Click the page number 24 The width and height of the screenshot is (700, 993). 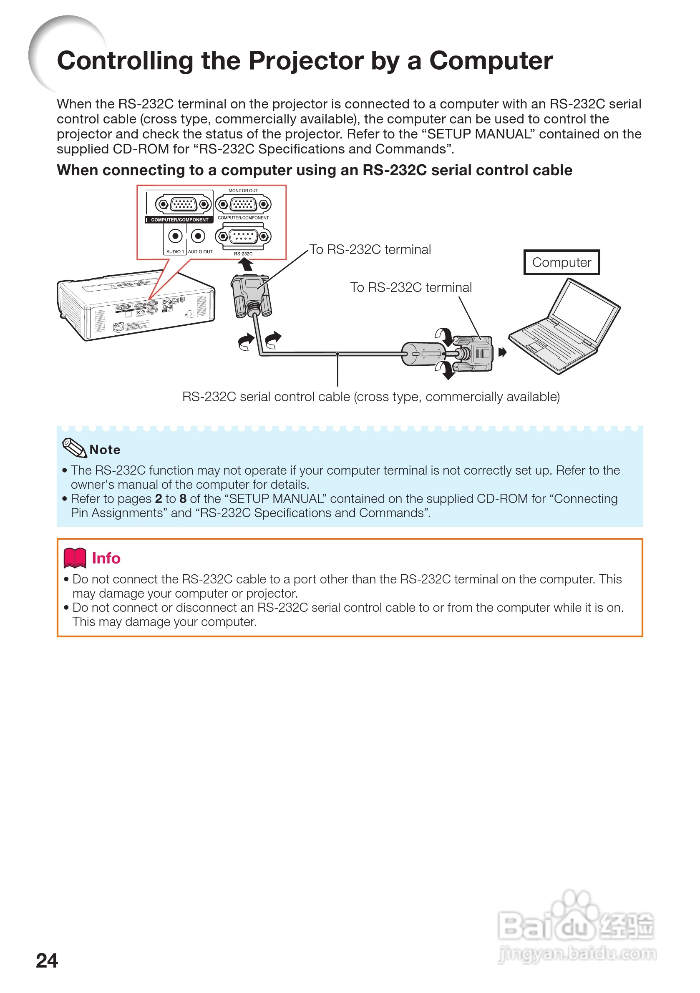[47, 960]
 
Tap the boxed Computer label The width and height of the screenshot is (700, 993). [561, 262]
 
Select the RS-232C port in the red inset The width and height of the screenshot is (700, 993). [243, 236]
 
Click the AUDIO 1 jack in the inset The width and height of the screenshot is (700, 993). [175, 236]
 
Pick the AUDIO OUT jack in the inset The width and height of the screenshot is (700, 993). [198, 236]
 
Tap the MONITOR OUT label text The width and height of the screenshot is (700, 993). [243, 191]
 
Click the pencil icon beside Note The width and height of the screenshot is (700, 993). [74, 447]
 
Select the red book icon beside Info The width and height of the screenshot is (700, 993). [74, 558]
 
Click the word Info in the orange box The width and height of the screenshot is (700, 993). [106, 558]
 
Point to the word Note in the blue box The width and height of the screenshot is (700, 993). [105, 450]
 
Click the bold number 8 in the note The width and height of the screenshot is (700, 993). [183, 499]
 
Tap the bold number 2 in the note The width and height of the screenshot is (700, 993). [159, 499]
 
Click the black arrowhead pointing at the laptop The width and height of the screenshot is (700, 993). [502, 352]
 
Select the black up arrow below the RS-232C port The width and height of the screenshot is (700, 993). [246, 264]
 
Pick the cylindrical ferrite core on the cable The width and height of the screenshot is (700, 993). [422, 354]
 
